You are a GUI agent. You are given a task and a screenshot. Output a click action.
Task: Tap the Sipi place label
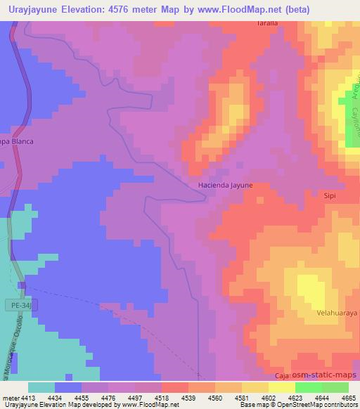(x=330, y=197)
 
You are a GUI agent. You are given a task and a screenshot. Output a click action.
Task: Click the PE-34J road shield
(x=23, y=304)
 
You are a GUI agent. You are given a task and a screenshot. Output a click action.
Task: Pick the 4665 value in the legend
(x=348, y=398)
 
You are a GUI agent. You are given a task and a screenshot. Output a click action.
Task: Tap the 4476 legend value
(x=108, y=398)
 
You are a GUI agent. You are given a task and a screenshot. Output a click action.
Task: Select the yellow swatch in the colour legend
(x=281, y=387)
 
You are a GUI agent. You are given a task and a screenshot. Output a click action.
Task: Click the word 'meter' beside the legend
(x=11, y=398)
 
